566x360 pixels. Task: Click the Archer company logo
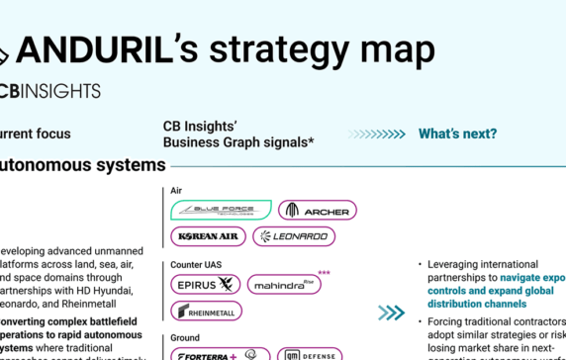[x=317, y=210]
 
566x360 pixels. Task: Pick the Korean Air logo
[x=207, y=236]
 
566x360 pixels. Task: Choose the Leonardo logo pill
[x=294, y=236]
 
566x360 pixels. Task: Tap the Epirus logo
[x=206, y=285]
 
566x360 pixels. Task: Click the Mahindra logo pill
[x=284, y=285]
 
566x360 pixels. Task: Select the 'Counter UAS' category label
[x=194, y=264]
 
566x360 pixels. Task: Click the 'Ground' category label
[x=185, y=338]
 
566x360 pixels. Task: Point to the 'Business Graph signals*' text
[x=238, y=142]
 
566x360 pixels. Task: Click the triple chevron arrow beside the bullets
[x=391, y=313]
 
